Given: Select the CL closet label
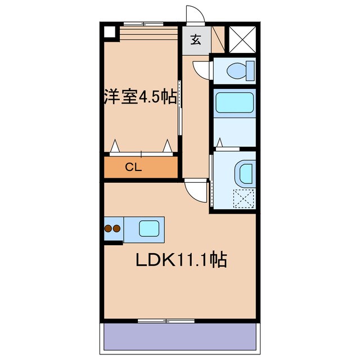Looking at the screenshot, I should pos(133,166).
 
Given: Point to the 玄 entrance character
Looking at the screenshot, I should pos(196,40).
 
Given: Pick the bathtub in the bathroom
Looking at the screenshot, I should pos(236,102).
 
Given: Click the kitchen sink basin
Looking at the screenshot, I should pos(149,228).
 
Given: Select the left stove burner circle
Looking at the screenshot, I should pos(109,229).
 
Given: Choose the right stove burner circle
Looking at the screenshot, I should pos(117,229).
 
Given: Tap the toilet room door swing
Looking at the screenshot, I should pos(201,70).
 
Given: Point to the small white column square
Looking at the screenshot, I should pos(108,31).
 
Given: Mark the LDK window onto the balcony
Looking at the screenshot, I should pos(166,321).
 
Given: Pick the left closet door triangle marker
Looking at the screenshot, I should pos(115,147).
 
